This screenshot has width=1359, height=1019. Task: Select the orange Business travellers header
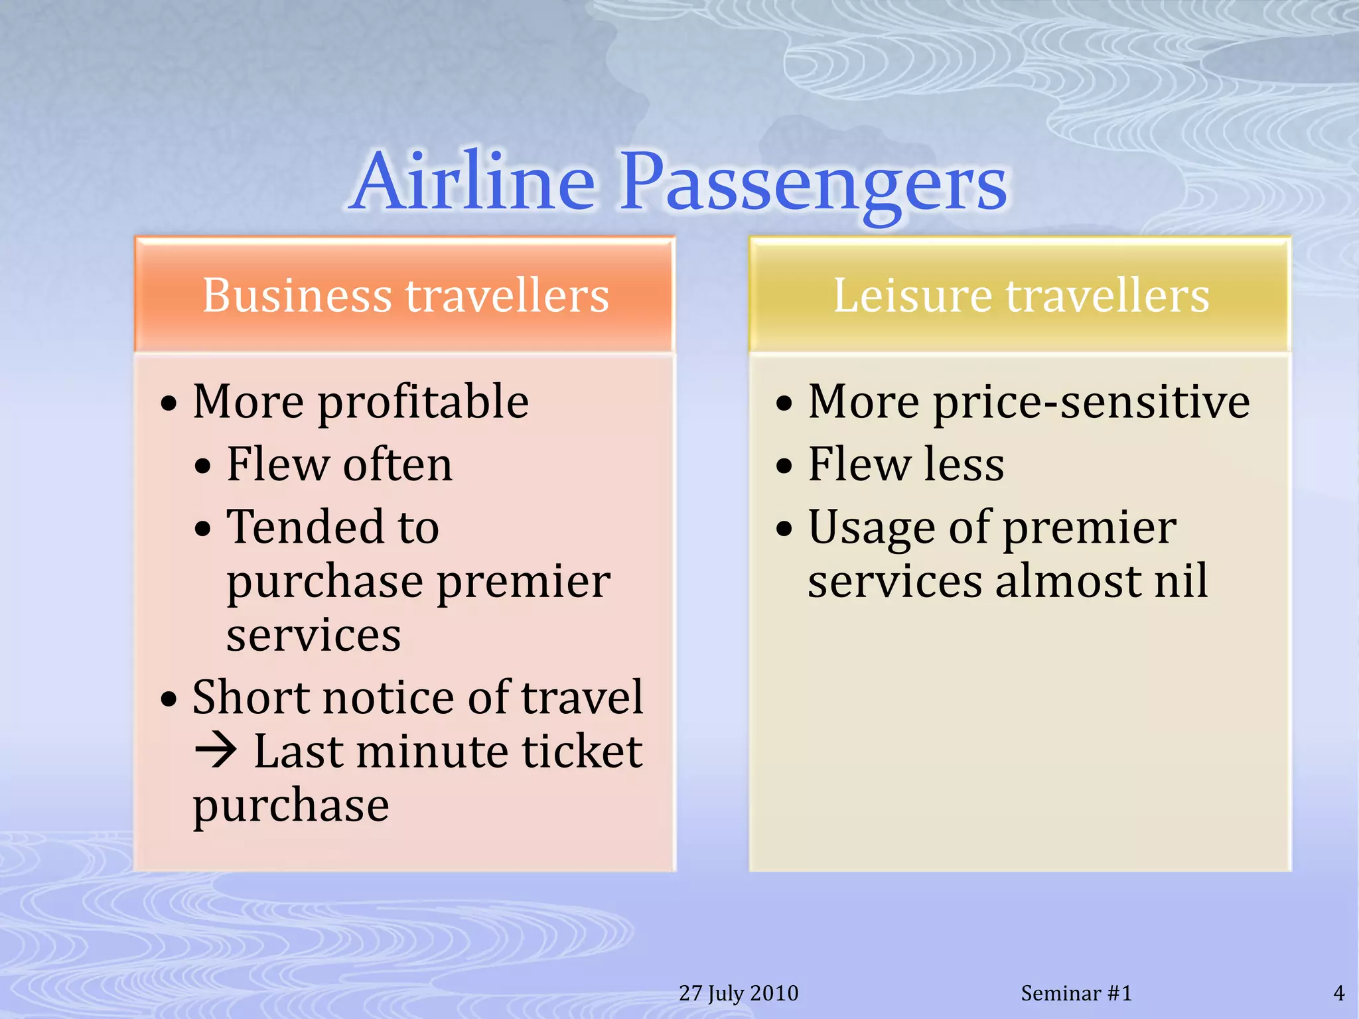pos(405,295)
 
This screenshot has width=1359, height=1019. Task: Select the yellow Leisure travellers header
pos(1020,295)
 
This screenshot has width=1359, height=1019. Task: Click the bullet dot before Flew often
pos(203,467)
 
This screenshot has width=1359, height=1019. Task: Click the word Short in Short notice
pos(251,698)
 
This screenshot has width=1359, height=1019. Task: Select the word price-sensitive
pos(1091,403)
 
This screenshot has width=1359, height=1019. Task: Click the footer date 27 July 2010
pos(738,993)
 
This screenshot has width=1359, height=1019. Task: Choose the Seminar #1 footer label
pos(1076,993)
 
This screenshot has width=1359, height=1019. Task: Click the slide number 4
pos(1338,993)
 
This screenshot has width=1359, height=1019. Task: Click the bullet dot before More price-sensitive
pos(784,403)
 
